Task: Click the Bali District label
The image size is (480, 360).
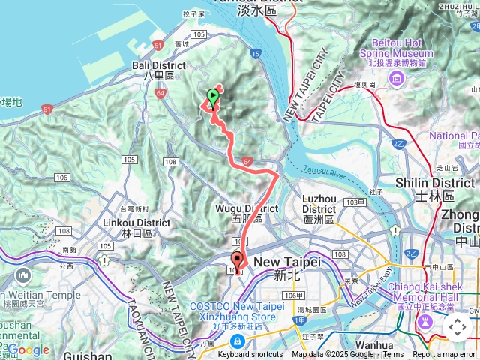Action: pyautogui.click(x=154, y=70)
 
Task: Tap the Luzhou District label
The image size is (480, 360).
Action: pyautogui.click(x=319, y=203)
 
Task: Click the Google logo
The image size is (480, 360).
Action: pyautogui.click(x=28, y=349)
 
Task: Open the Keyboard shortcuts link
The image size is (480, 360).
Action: pyautogui.click(x=250, y=355)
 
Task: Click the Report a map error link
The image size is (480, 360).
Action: pyautogui.click(x=444, y=355)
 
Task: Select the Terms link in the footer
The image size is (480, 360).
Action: pyautogui.click(x=393, y=355)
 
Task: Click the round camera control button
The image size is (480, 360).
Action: pyautogui.click(x=457, y=327)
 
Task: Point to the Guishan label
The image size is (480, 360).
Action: pyautogui.click(x=88, y=355)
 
